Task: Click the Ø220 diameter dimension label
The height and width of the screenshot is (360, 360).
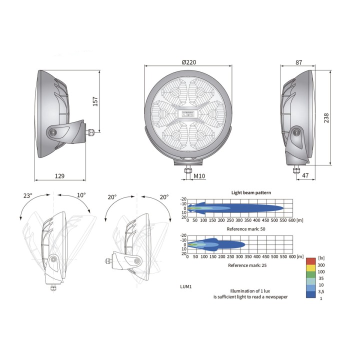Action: [x=188, y=62]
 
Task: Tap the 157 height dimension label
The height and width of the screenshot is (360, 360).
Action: [x=95, y=101]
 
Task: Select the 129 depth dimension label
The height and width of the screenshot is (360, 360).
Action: [x=59, y=176]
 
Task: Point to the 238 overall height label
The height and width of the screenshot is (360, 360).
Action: [x=326, y=118]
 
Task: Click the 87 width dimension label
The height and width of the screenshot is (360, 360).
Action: [x=298, y=62]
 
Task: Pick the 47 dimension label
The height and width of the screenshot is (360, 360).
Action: [x=305, y=175]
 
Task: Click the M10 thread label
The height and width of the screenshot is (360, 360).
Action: [x=199, y=176]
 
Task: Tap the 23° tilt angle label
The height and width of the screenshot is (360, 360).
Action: [x=28, y=195]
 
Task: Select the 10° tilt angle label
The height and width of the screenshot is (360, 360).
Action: [x=81, y=195]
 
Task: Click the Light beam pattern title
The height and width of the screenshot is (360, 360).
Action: [x=251, y=192]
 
